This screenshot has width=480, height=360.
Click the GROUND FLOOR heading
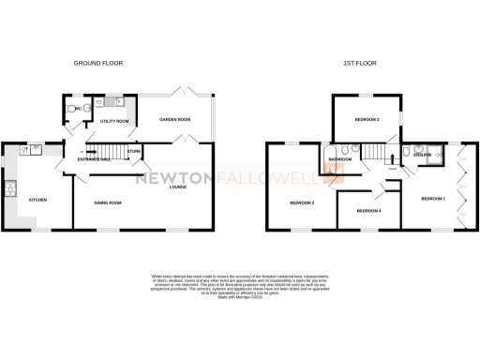(98, 64)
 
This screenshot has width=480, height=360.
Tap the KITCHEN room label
(37, 200)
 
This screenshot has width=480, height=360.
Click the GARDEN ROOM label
(174, 120)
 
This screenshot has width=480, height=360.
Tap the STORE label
(134, 151)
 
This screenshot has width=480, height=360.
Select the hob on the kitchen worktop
(10, 188)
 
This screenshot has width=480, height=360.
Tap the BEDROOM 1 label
(432, 199)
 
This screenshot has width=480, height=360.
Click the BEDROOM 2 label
(301, 202)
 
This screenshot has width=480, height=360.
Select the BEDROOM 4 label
(368, 210)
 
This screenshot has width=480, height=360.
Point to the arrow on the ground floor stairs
(86, 152)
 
